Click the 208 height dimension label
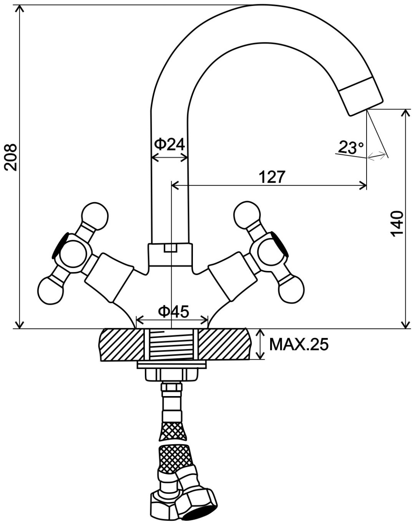11,157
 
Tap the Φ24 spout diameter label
169,145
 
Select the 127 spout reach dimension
272,177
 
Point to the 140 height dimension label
397,224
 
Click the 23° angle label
351,147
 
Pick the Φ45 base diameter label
173,312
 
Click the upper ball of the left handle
95,216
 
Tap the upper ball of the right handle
246,215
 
